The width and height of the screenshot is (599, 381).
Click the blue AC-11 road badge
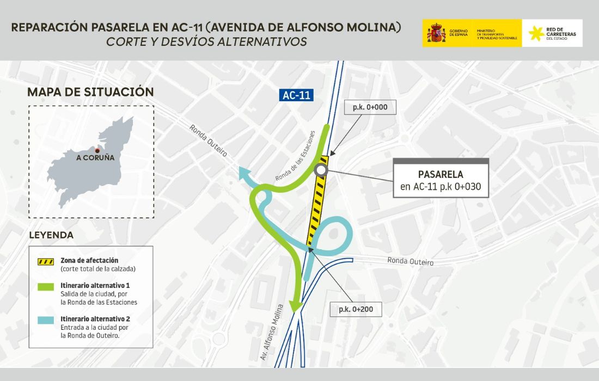297,95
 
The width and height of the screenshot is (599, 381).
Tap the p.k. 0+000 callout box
370,107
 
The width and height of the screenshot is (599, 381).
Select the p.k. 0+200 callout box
356,309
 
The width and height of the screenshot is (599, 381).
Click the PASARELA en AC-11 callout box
441,182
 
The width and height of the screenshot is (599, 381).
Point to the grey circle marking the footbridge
320,171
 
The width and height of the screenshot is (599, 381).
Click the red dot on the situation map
97,150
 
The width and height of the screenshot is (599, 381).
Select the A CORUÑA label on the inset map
95,158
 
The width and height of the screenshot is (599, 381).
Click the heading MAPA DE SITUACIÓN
90,92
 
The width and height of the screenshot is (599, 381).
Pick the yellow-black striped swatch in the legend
45,261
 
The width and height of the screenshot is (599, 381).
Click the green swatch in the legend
45,286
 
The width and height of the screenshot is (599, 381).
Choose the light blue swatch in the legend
45,320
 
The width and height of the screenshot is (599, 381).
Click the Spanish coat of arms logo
436,33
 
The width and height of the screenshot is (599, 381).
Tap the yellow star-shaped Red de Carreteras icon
536,33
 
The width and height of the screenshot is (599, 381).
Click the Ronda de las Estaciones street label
296,156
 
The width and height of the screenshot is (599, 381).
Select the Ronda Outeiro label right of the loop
411,261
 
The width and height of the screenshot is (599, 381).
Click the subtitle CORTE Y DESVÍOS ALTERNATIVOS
206,41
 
